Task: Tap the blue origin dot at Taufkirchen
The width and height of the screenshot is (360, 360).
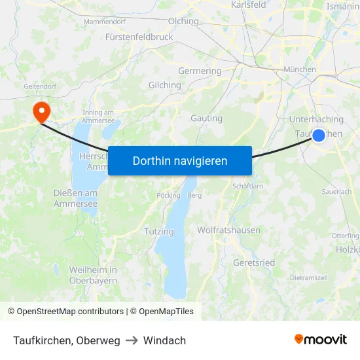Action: (x=318, y=135)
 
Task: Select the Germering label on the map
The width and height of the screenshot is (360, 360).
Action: (x=200, y=71)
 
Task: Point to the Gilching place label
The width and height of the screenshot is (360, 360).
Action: (x=165, y=85)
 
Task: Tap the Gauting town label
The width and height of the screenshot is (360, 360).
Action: (x=206, y=118)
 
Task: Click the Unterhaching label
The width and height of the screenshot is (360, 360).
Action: (x=316, y=119)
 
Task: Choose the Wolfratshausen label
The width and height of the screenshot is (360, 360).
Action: (x=228, y=230)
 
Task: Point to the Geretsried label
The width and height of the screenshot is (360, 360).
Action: (x=254, y=262)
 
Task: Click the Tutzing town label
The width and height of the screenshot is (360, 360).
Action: (x=159, y=231)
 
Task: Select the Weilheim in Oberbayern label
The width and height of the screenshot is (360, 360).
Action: (x=93, y=275)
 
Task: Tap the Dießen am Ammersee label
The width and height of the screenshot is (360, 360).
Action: (x=75, y=198)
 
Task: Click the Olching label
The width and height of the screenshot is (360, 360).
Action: (x=183, y=21)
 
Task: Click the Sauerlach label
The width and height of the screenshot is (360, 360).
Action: (x=336, y=191)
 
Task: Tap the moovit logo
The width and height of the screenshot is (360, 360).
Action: (x=321, y=340)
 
